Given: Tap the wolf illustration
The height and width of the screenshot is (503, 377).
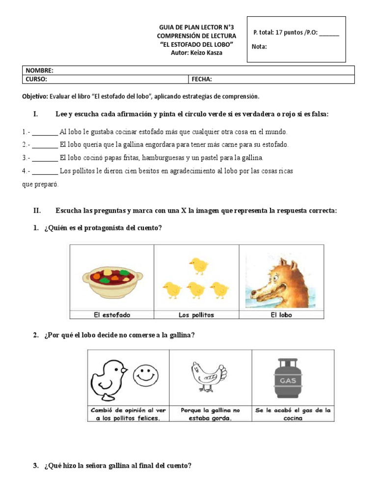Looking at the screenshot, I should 280,278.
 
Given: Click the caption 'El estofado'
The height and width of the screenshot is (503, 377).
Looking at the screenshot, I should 112,315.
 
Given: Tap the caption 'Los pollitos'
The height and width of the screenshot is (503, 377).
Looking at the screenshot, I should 196,315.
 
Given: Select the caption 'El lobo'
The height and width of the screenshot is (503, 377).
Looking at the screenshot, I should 281,315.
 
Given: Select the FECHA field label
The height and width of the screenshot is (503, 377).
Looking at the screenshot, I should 202,79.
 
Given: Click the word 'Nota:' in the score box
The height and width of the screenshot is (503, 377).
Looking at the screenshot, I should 259,47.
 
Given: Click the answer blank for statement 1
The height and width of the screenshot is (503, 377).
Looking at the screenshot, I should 46,132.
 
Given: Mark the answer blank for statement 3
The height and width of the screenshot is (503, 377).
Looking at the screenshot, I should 46,158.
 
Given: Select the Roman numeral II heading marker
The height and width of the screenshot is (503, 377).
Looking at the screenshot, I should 37,210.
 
